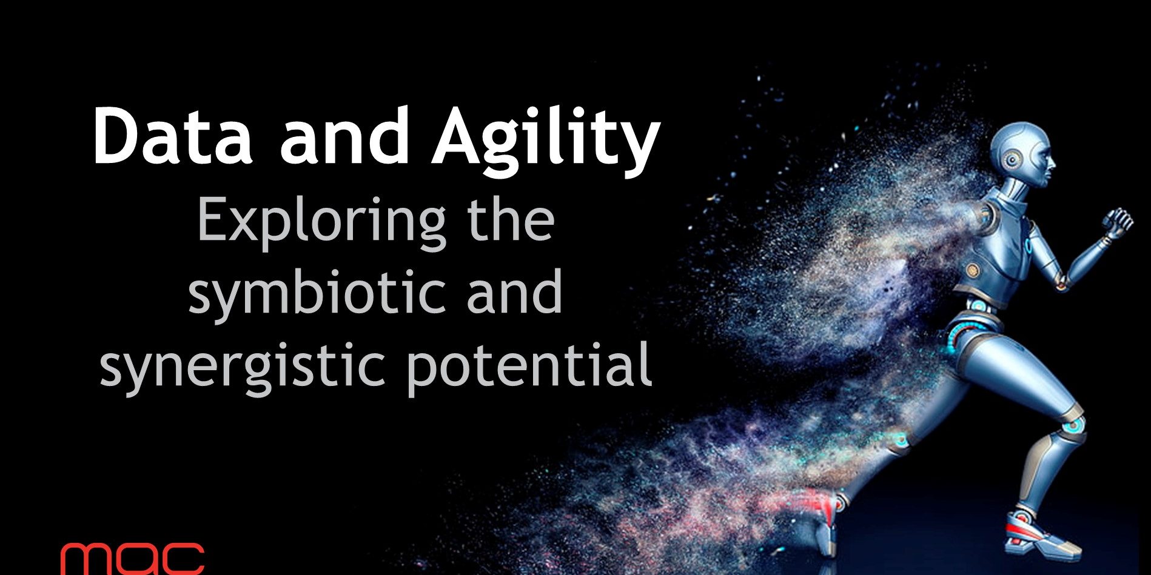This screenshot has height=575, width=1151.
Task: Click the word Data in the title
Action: (x=172, y=136)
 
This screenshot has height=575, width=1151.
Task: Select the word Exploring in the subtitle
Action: (x=321, y=222)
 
